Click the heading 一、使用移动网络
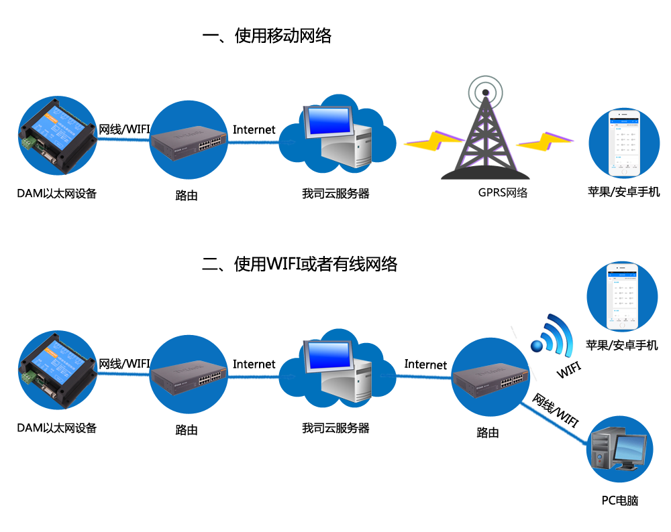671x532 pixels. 266,36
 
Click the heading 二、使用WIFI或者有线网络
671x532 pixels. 299,264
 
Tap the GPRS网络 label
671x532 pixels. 503,193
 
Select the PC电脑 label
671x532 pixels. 619,500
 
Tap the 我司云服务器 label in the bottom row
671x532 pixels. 335,427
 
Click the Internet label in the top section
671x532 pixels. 254,129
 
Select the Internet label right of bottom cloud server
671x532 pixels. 425,364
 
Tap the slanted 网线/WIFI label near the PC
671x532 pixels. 556,411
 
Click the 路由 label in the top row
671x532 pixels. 186,196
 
